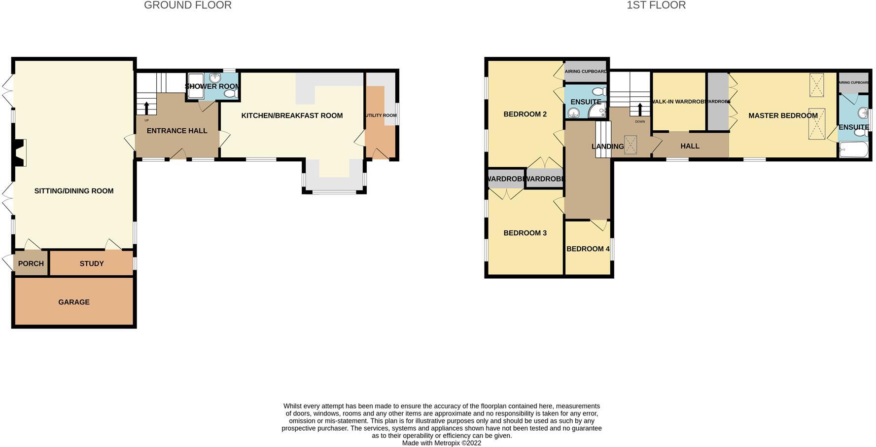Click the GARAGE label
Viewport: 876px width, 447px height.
74,302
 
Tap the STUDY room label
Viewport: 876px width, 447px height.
92,263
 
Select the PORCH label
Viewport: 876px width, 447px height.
31,263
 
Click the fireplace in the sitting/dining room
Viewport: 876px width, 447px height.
19,153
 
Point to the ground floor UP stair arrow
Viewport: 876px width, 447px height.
146,108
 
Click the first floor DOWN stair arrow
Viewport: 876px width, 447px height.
640,109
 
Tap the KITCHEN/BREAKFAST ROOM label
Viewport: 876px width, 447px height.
292,115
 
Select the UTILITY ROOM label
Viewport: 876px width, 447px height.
381,115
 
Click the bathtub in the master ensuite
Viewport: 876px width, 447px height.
854,149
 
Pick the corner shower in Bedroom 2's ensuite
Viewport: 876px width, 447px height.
597,112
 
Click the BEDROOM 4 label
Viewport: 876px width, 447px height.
588,249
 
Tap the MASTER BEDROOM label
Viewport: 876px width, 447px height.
783,115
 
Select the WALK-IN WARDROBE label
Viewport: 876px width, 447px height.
678,102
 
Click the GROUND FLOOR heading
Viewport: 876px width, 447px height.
187,5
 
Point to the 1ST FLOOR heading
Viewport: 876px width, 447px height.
656,5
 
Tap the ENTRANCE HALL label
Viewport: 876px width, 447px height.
177,131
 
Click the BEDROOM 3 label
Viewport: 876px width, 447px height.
525,233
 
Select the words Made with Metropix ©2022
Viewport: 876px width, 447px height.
441,443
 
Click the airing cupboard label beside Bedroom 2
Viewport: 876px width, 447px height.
585,72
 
